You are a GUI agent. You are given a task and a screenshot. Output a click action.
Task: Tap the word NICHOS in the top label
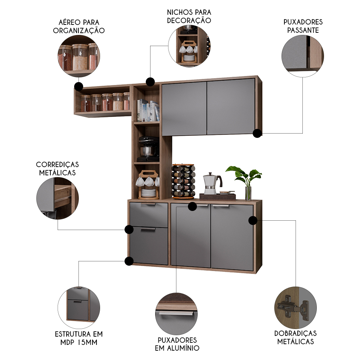coord(179,12)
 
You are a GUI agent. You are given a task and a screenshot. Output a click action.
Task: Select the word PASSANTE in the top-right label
coord(303,30)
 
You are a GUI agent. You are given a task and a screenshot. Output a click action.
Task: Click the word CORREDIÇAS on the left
coord(57,165)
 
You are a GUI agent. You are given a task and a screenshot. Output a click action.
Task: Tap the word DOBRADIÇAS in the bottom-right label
coord(296,333)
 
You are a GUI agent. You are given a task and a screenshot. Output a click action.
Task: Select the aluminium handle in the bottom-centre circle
coord(176,314)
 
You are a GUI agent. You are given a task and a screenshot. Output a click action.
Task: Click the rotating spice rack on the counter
coord(183,181)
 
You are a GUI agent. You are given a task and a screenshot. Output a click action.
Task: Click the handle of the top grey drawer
coord(148,204)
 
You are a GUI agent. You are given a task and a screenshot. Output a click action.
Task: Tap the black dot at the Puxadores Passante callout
coord(257,133)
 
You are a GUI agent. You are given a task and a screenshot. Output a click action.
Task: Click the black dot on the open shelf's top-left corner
coord(78,86)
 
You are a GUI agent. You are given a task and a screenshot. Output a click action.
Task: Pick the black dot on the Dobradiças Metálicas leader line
coord(253,220)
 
